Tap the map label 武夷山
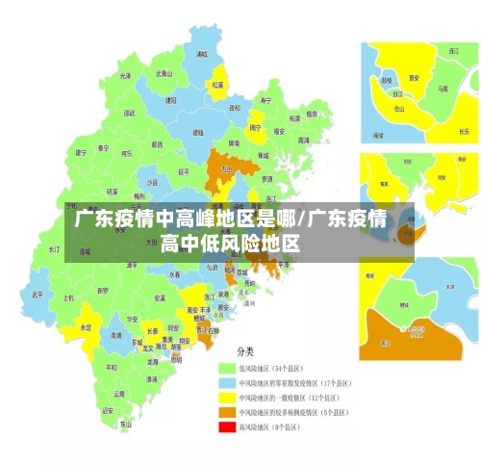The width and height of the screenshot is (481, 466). pyautogui.click(x=165, y=73)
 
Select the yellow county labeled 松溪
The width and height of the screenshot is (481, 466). pyautogui.click(x=217, y=84)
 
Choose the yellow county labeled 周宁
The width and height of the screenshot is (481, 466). pyautogui.click(x=256, y=126)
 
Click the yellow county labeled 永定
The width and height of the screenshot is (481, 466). pyautogui.click(x=87, y=327)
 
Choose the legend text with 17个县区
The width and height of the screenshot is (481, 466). pyautogui.click(x=293, y=382)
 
